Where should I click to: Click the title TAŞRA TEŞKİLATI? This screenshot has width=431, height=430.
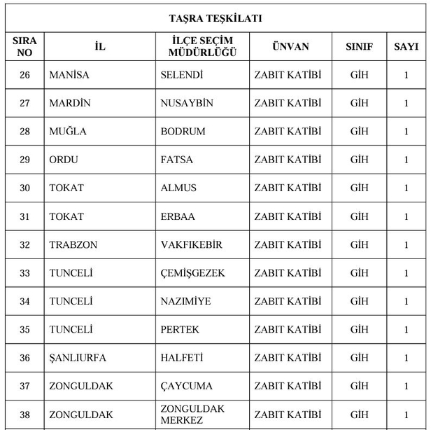point(215,18)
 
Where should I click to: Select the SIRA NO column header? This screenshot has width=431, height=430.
point(24,47)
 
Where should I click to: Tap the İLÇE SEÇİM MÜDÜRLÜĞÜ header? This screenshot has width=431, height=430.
point(202,47)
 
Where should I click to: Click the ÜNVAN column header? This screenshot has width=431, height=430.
point(290,47)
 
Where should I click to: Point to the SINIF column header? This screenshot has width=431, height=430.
point(359,47)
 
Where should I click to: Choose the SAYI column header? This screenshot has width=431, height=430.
point(406,47)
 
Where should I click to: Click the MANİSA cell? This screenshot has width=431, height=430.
point(69,75)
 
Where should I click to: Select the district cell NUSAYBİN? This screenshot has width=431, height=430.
point(187,103)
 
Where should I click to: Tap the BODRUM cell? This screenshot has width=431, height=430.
point(183,132)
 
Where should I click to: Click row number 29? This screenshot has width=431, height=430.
point(24,160)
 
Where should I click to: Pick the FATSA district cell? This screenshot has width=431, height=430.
point(177,160)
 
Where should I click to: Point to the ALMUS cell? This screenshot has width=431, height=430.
point(178,188)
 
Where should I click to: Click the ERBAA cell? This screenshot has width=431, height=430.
point(178,216)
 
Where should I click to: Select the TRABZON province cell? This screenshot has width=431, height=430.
point(73,244)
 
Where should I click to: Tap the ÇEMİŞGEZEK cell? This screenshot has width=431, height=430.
point(192,273)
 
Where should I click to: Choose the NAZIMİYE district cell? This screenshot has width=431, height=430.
point(185,301)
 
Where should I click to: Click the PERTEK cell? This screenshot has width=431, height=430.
point(180,329)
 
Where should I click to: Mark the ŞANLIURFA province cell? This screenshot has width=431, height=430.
point(78,358)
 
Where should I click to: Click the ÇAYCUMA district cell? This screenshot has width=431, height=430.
point(186,386)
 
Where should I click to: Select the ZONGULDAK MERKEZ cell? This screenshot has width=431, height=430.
point(192,414)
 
